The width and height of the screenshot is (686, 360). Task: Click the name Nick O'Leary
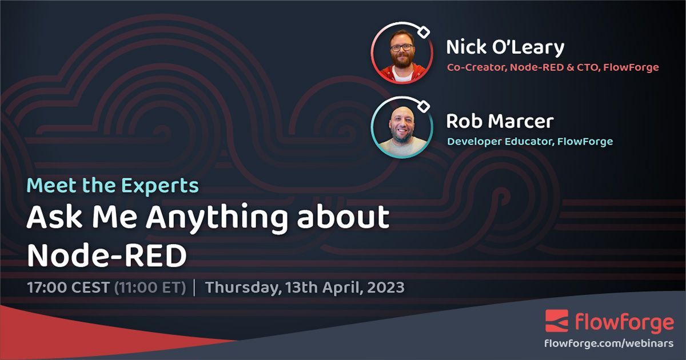505,47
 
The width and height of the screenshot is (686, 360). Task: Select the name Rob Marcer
500,121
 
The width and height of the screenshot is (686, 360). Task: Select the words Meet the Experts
113,186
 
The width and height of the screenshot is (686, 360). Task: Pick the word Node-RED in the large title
107,255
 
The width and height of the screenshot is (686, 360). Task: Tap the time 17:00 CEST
67,287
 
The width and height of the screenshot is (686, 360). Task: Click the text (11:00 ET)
150,287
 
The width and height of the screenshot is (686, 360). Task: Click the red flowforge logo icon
557,321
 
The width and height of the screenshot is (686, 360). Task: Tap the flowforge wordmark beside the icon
624,323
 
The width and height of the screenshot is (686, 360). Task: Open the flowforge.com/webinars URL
609,344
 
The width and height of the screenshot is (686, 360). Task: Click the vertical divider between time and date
196,287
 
